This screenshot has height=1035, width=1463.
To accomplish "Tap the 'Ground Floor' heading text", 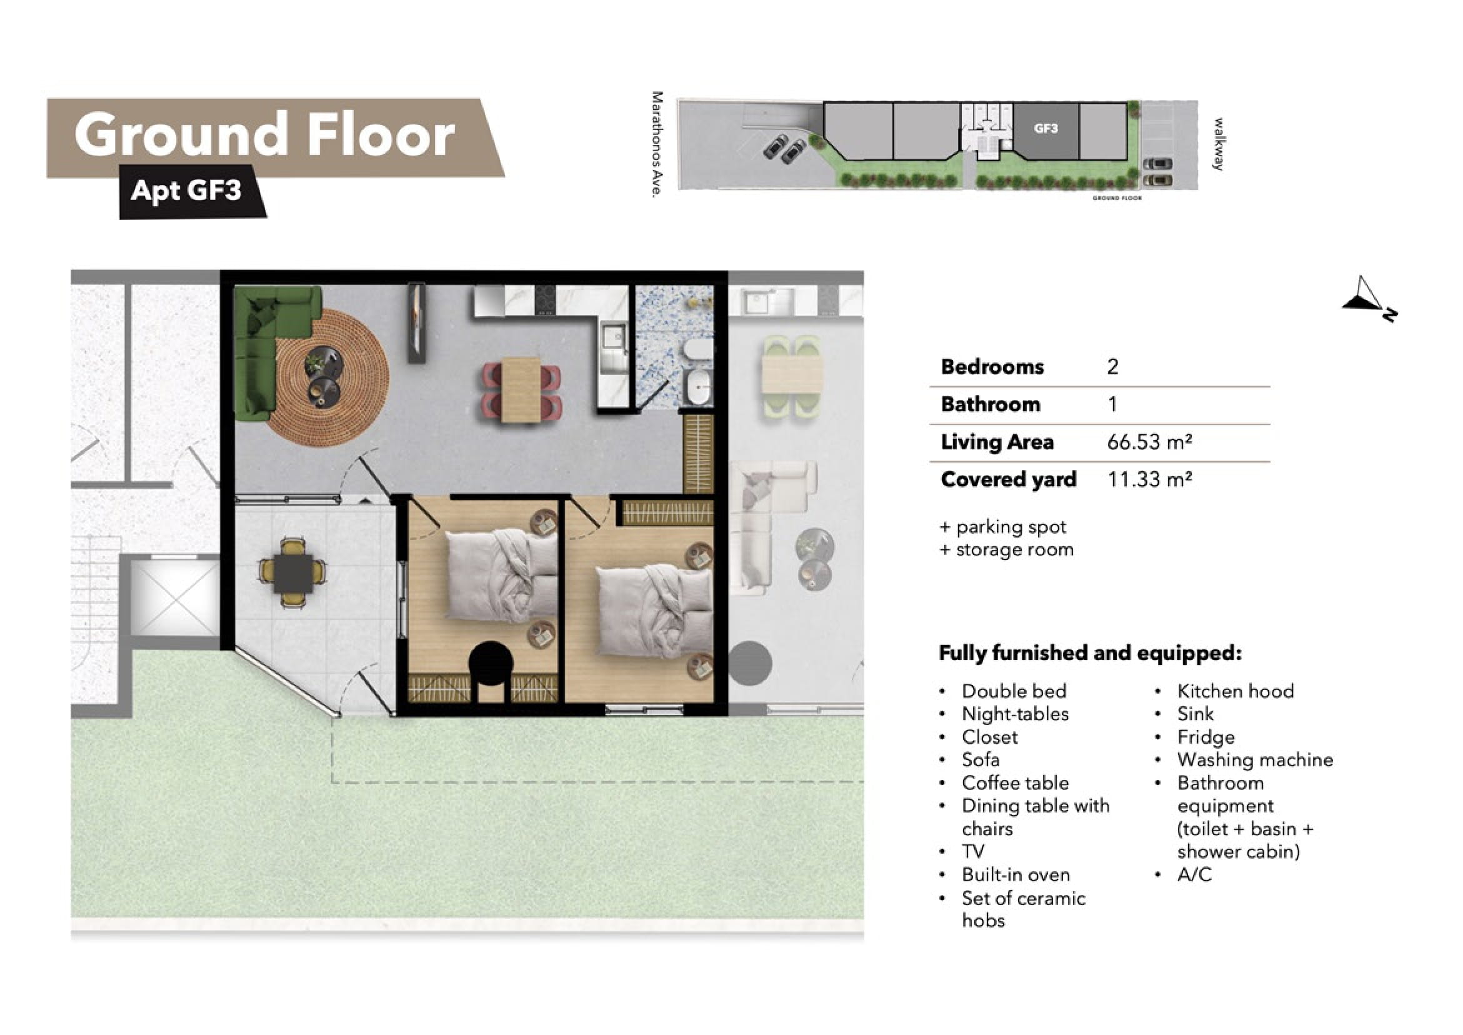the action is (264, 135).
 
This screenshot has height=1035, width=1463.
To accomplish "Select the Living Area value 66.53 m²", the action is (1149, 442).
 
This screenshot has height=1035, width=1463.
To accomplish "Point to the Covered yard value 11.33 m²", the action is (1149, 479).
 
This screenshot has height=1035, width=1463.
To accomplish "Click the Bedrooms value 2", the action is (1112, 366).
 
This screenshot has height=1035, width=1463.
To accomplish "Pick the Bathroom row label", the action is (990, 404).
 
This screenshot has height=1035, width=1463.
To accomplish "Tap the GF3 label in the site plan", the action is (1046, 128).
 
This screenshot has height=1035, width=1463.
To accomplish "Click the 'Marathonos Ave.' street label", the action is (657, 144).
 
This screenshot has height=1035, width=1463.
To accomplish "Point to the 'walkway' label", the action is (1218, 144).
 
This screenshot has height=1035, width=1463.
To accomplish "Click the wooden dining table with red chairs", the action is (522, 390).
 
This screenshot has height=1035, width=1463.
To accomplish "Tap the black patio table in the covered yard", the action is (293, 573).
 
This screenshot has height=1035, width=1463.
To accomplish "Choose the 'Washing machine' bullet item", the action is (1255, 759).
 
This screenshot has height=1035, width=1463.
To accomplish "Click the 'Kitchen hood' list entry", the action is (1236, 691).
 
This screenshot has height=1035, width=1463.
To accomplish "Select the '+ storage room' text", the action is (1007, 549).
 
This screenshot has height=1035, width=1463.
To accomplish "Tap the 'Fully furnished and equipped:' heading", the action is (1091, 653).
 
